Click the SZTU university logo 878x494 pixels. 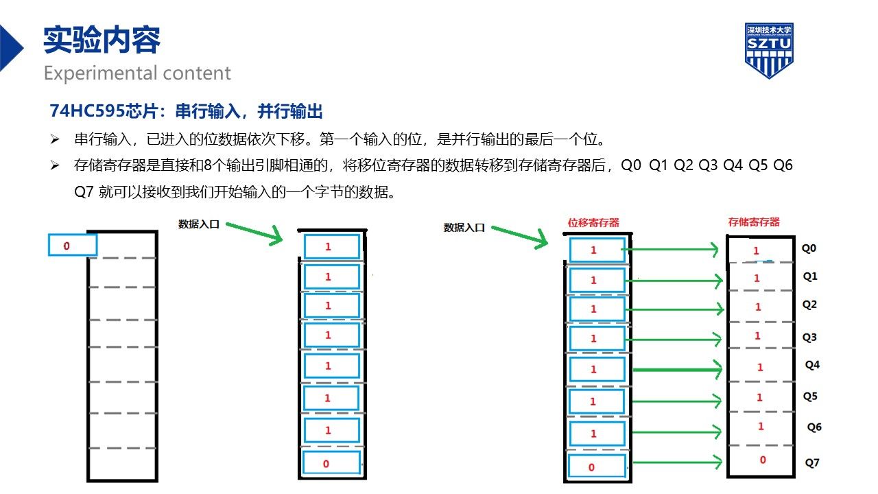[x=769, y=50]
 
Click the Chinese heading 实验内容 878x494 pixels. [x=102, y=40]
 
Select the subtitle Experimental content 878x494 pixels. [x=137, y=73]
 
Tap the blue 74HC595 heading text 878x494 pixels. [x=186, y=111]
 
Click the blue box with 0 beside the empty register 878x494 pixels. [x=73, y=245]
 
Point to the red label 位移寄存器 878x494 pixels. [x=593, y=223]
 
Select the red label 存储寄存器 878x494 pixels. [x=754, y=222]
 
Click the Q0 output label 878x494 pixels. [x=809, y=248]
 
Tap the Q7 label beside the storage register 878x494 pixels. [x=812, y=462]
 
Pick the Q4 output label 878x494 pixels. [x=812, y=365]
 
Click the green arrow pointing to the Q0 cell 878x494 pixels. [x=670, y=249]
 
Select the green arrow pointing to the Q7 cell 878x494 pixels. [x=677, y=462]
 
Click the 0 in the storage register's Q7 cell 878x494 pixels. [x=763, y=460]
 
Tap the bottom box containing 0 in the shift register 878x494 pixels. [x=597, y=466]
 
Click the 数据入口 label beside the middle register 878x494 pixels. [x=199, y=224]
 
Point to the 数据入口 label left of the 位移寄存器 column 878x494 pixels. [x=464, y=227]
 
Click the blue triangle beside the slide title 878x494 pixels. [x=11, y=48]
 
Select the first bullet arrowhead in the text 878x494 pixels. [x=55, y=139]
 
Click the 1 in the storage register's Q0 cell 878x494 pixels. [x=756, y=250]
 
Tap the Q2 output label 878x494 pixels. [x=810, y=305]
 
